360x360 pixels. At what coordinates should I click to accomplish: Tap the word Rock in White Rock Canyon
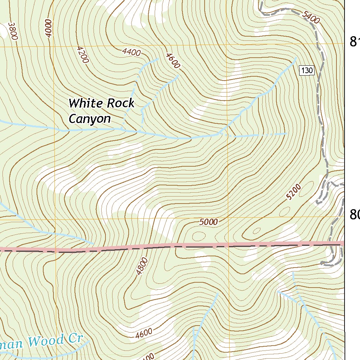tap(121, 103)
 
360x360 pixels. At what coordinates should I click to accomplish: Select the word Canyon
tap(90, 119)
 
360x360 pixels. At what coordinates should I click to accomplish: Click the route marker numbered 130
tap(307, 70)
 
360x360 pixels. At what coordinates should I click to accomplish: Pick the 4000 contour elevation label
tap(48, 28)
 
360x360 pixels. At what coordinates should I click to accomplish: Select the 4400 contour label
tap(132, 52)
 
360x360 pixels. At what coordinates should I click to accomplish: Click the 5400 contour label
tap(311, 18)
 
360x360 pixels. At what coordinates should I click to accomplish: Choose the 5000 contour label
tap(208, 222)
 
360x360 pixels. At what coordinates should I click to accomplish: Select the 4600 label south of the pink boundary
tap(143, 333)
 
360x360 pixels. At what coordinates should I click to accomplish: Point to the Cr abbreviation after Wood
tap(75, 339)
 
